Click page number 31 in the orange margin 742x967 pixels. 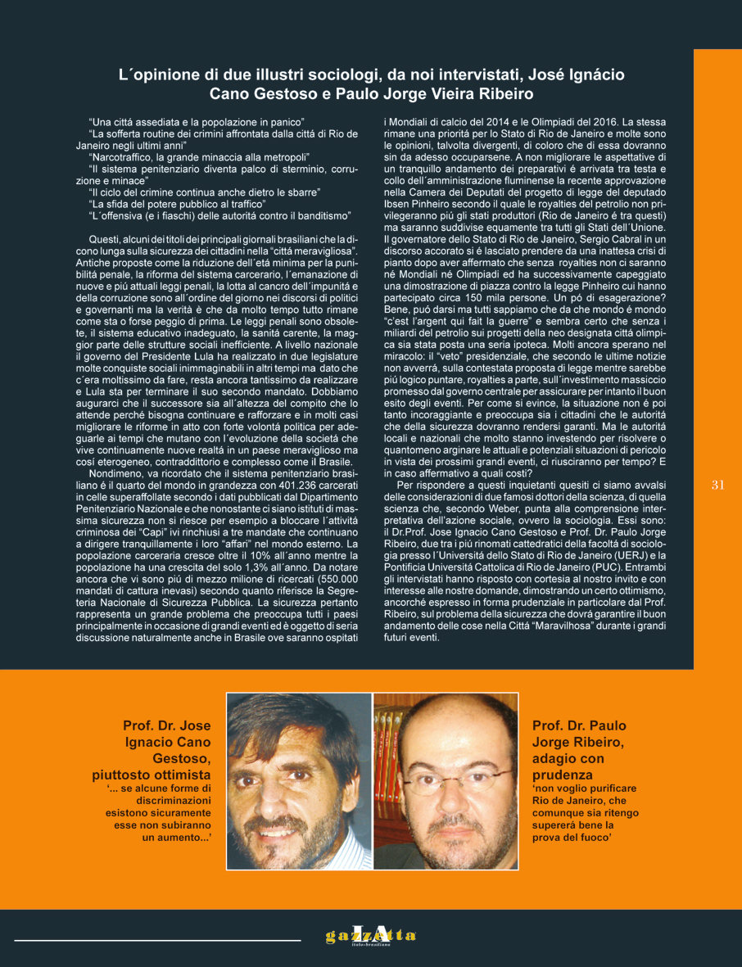[718, 485]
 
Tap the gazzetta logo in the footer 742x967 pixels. [371, 934]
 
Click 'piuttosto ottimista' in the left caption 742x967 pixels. [152, 775]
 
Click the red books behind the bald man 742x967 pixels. [394, 736]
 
